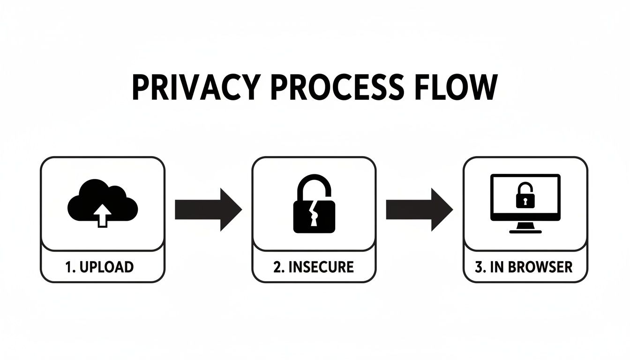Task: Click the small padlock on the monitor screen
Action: pyautogui.click(x=525, y=196)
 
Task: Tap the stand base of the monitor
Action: pyautogui.click(x=525, y=230)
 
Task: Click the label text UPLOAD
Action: pyautogui.click(x=107, y=267)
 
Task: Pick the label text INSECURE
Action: pyautogui.click(x=321, y=267)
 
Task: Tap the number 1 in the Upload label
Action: pyautogui.click(x=68, y=267)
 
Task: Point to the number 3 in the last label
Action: pyautogui.click(x=479, y=267)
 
